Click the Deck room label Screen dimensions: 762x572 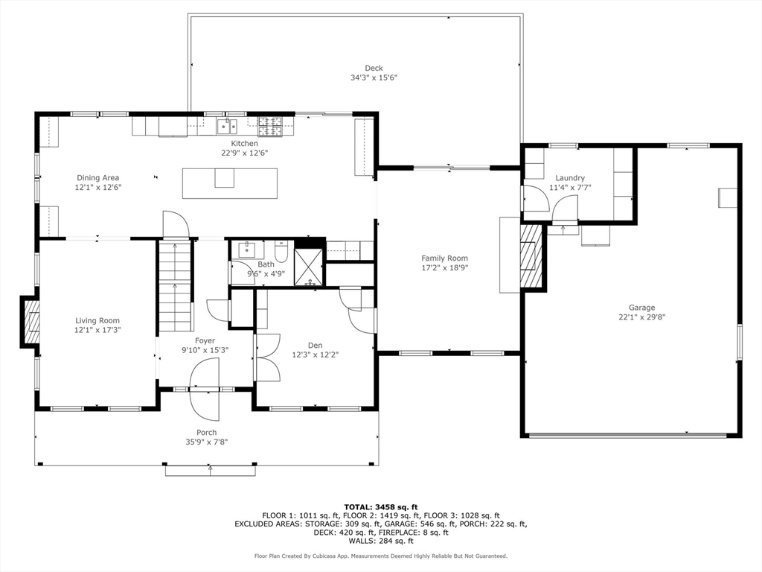374,68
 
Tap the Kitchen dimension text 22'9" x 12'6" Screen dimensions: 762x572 244,153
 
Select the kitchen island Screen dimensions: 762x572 230,183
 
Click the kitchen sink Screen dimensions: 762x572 227,126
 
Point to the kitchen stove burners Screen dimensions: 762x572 269,126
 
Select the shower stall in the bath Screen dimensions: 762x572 308,267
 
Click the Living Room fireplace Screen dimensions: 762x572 30,322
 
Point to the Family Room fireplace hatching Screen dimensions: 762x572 531,255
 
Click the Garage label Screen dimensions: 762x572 641,308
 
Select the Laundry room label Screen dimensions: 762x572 570,178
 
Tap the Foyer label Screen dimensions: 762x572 205,340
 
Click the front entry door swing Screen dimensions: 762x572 205,389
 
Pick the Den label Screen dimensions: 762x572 315,346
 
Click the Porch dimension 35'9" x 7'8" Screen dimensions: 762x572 207,442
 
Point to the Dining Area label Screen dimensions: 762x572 97,178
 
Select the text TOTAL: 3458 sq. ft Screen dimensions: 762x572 381,507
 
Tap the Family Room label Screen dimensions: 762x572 445,258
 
